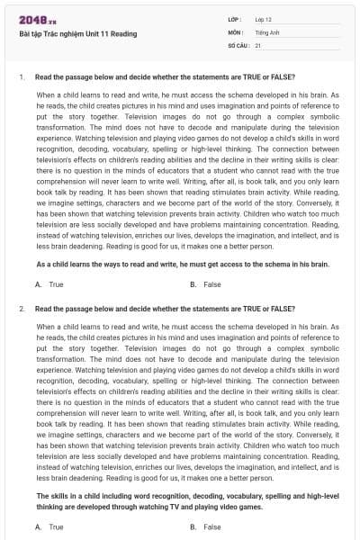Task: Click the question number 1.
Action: point(21,78)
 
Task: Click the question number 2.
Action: point(21,309)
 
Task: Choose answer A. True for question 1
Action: point(49,284)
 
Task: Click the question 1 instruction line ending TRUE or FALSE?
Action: point(159,78)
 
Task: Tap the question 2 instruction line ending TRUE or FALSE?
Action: point(159,309)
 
